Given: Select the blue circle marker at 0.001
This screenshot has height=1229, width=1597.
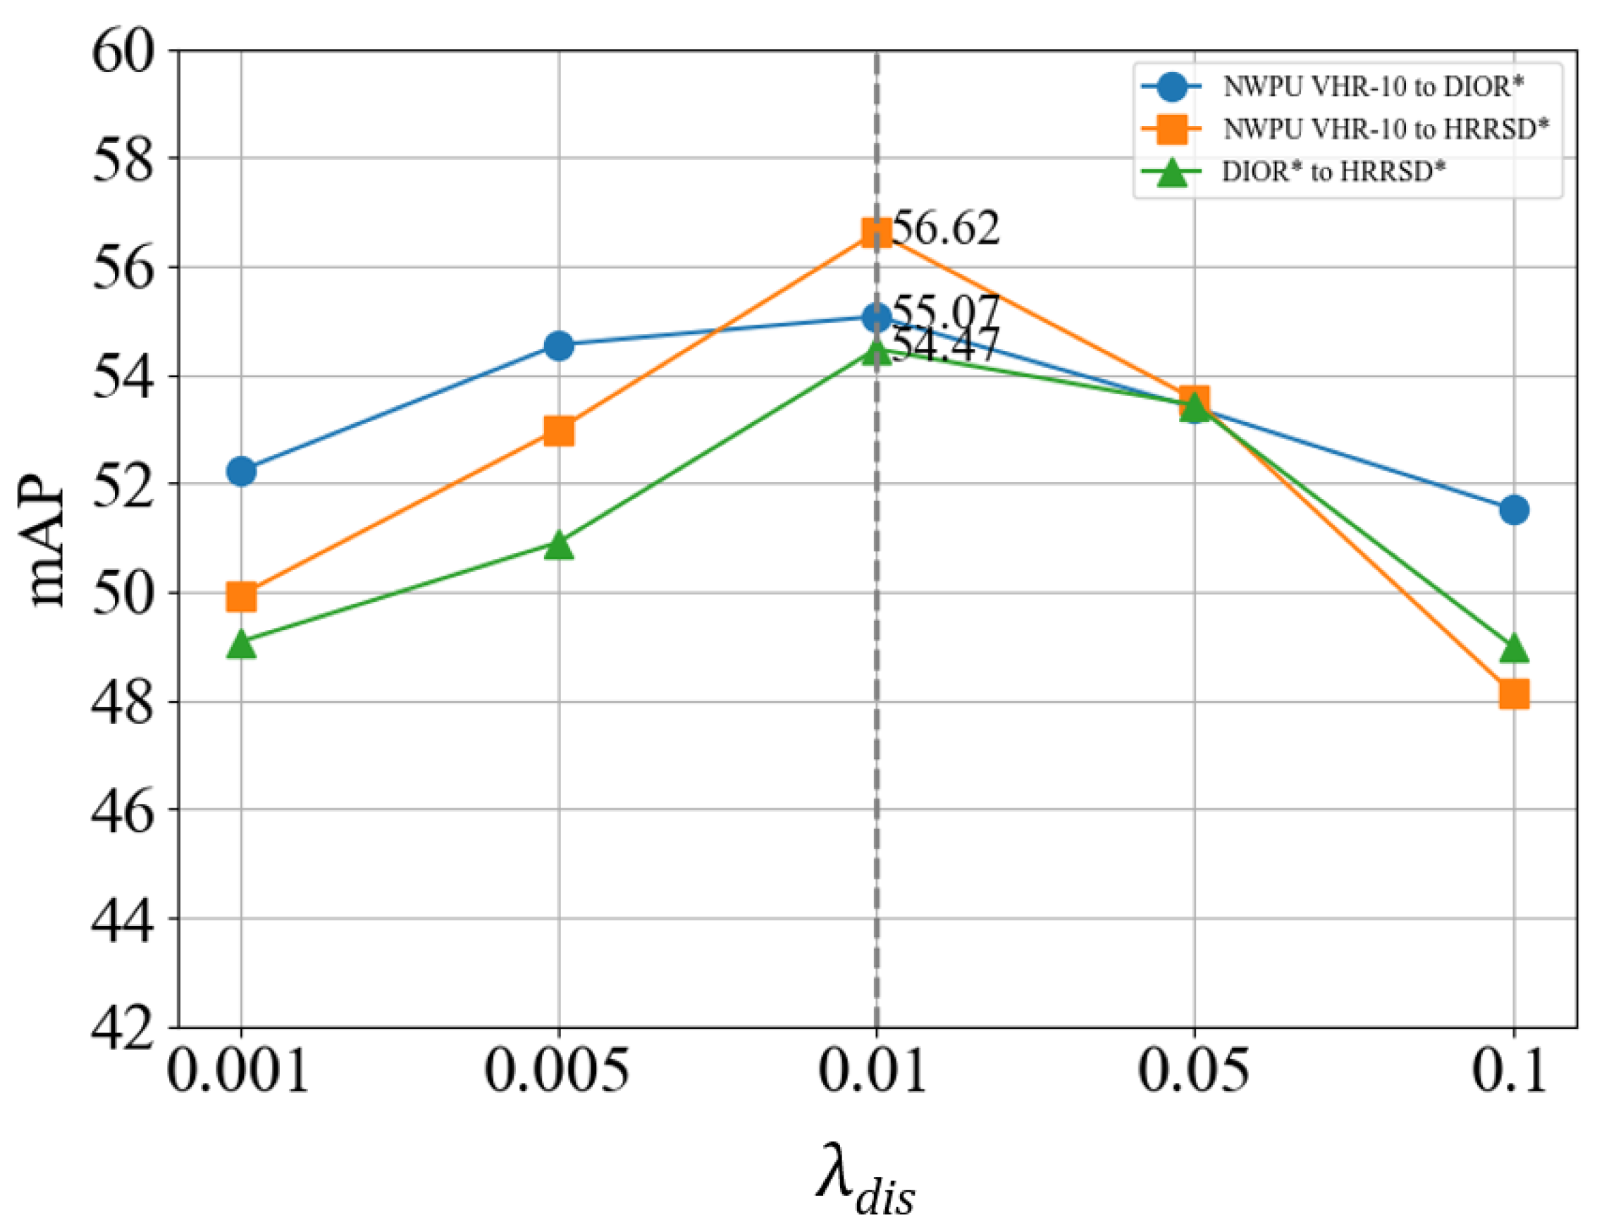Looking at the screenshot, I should point(241,471).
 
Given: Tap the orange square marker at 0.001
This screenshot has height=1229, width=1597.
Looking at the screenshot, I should point(241,598).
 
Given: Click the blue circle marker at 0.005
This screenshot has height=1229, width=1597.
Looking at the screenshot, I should point(559,345).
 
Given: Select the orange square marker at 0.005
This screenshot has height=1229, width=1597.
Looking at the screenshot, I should point(559,431).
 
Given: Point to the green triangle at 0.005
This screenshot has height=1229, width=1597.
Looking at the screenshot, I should point(559,545).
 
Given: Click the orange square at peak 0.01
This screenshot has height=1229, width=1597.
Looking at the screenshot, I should point(876,233).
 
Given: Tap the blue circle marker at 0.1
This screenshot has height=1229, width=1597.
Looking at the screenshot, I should point(1513,509).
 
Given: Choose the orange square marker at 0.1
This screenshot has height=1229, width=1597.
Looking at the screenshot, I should point(1513,694).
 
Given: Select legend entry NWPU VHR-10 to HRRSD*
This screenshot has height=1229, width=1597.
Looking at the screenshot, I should point(1385,130).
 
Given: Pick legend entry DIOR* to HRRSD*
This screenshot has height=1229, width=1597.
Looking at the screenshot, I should point(1333,172).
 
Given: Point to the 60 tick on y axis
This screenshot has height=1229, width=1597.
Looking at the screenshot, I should point(123,53).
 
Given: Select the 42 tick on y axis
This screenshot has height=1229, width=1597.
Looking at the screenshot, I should point(123,1027).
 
